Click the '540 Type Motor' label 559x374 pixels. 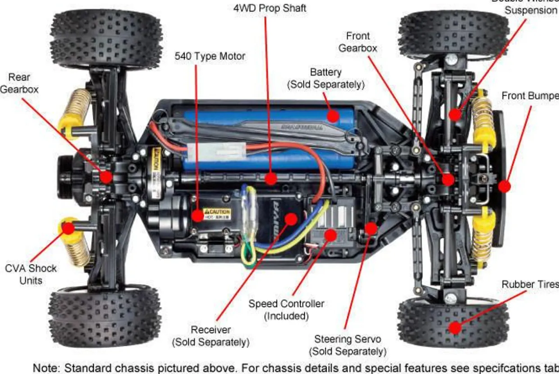pos(210,56)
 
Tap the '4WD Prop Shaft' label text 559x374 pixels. pos(270,8)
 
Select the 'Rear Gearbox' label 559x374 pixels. pos(19,83)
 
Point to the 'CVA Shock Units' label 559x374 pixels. pos(31,274)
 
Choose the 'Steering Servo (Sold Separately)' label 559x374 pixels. pos(347,345)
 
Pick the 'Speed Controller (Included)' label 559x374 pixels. pos(286,309)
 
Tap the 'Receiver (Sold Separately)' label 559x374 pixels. pos(211,336)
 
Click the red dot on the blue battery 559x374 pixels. pos(333,116)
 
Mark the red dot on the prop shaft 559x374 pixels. pos(270,179)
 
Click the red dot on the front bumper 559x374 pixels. pos(504,186)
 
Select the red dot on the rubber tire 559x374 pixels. pos(455,328)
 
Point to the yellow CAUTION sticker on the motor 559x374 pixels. pos(217,212)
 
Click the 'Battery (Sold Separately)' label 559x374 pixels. pos(325,78)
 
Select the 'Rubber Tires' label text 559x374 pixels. pos(530,284)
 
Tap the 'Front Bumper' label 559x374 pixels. pos(530,96)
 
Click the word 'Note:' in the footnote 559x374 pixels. pos(46,368)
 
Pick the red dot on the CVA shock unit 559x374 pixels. pos(68,228)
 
